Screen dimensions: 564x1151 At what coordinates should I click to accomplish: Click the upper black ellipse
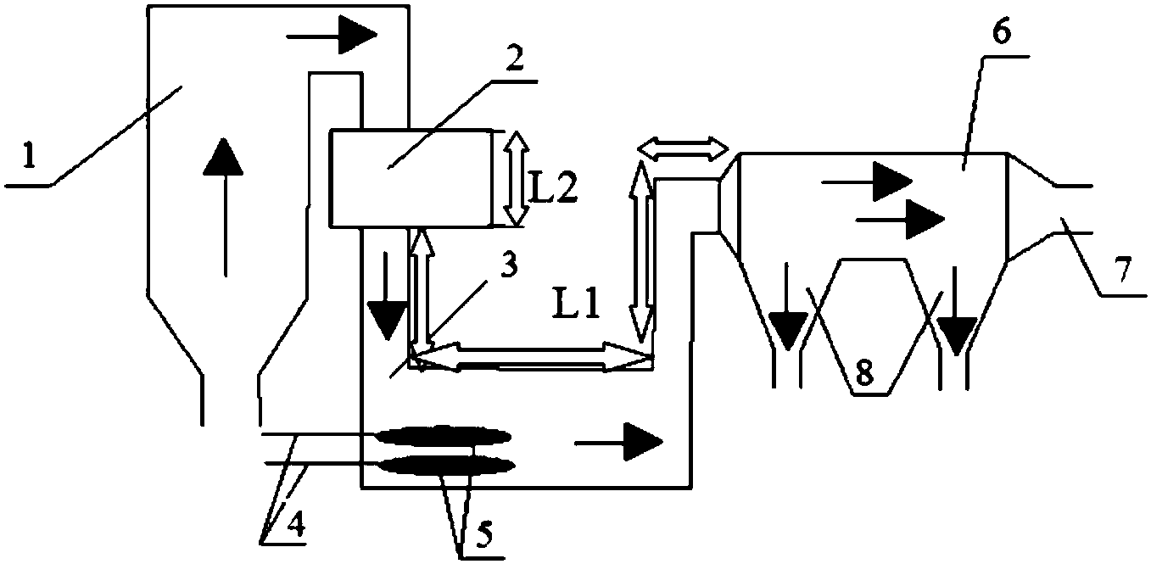coord(443,437)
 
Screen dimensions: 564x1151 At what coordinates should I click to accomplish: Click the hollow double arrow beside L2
coord(511,179)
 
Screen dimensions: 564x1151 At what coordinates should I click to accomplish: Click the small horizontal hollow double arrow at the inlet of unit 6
coord(684,149)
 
